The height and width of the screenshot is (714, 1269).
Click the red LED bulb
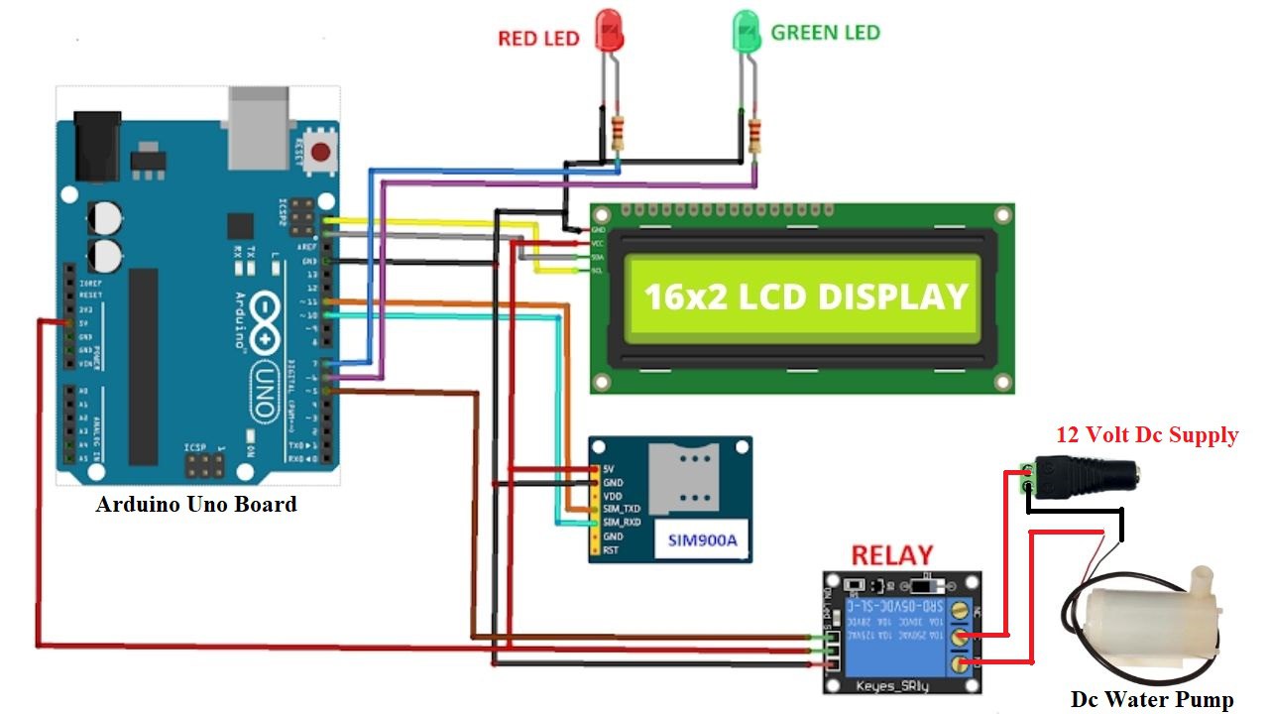[609, 31]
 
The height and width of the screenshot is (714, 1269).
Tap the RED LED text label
[538, 39]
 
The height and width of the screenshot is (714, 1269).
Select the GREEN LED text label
[825, 33]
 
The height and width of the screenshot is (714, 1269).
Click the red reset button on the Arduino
[320, 152]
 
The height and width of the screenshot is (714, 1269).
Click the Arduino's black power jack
[98, 146]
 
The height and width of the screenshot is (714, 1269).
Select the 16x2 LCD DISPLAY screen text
[805, 297]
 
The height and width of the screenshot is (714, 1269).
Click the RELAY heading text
[892, 555]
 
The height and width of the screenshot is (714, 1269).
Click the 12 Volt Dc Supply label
[1147, 434]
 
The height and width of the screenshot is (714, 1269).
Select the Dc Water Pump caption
[1152, 699]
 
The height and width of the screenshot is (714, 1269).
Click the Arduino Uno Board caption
[196, 504]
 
